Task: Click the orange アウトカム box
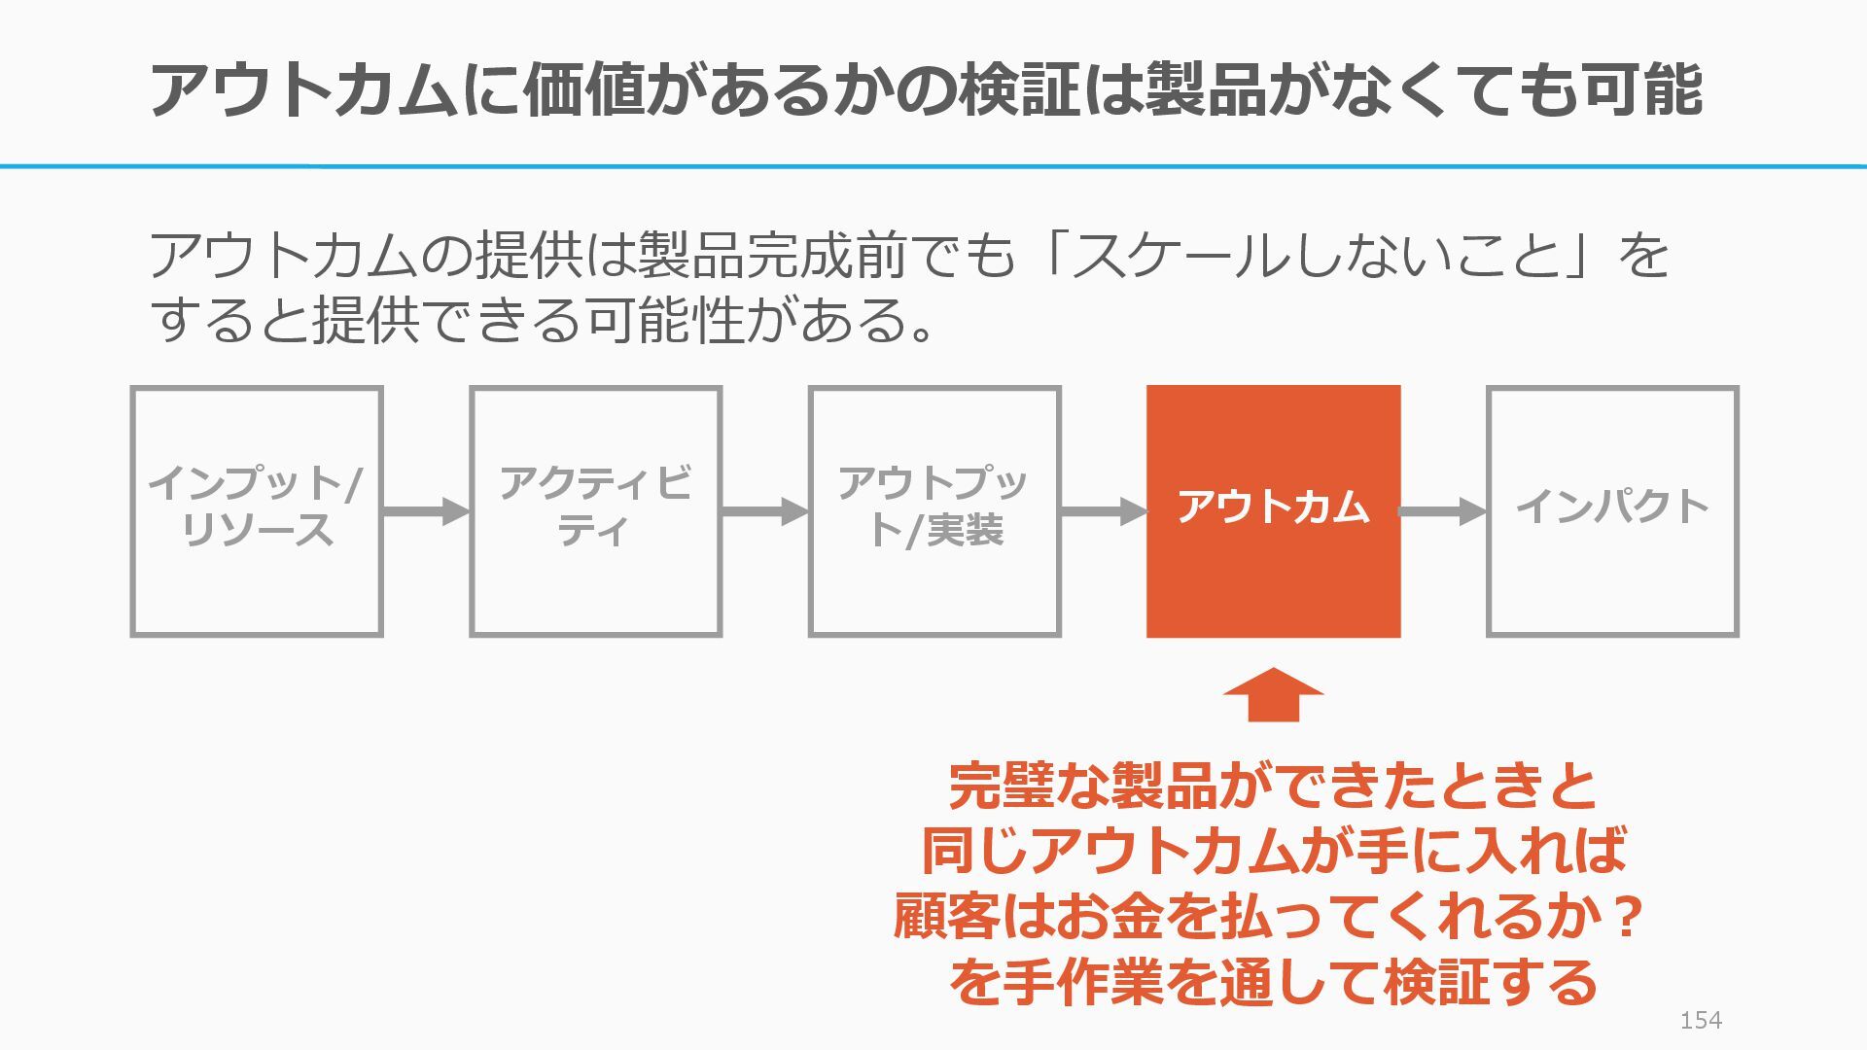coord(1273,511)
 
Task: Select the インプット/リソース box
coord(257,511)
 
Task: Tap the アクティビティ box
coord(595,511)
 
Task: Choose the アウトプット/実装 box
coord(934,511)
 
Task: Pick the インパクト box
coord(1612,511)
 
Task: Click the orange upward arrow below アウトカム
coord(1273,695)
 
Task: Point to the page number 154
coord(1701,1020)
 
